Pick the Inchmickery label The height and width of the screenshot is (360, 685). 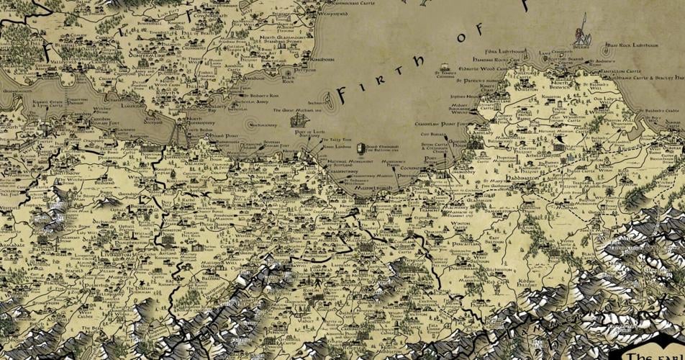tap(262, 125)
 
